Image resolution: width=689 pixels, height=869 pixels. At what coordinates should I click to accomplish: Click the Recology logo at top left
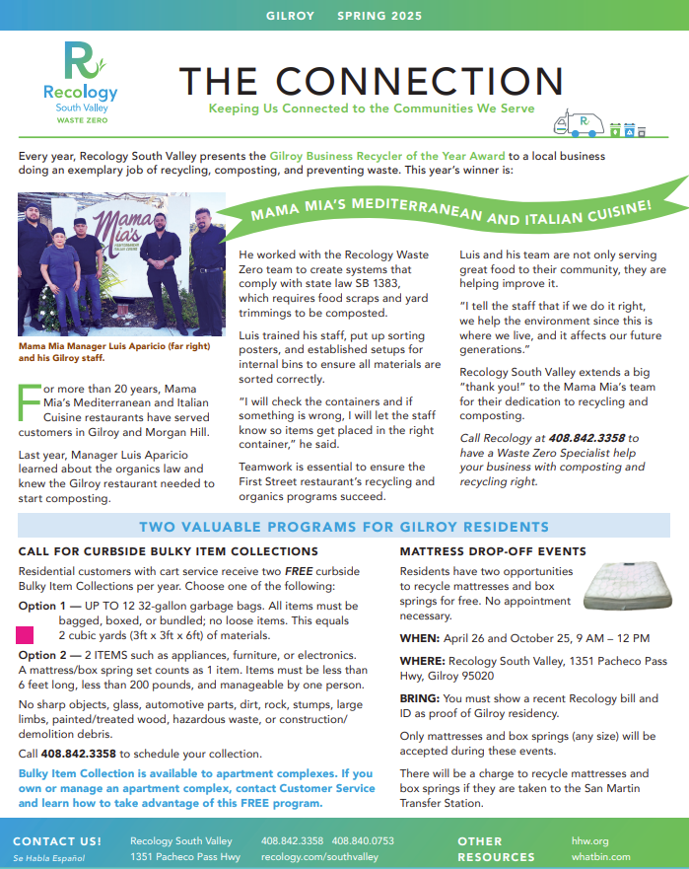coord(80,82)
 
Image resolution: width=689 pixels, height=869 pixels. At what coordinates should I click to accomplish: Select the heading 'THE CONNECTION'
coord(371,82)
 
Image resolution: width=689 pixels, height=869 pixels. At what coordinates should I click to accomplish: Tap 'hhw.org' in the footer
coord(589,840)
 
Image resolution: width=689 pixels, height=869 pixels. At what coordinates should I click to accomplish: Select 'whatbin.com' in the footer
coord(600,857)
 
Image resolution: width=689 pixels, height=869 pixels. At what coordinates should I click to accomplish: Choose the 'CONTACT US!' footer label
coord(57,840)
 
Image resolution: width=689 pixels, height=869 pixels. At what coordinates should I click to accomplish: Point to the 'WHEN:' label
coord(420,638)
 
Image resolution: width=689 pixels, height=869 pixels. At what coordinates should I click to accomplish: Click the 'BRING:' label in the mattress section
coord(421,698)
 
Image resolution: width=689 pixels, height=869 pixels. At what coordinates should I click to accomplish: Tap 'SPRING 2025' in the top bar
coord(379,16)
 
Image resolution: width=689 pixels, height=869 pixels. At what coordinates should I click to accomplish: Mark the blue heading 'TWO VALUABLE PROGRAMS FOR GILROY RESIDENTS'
coord(344,527)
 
